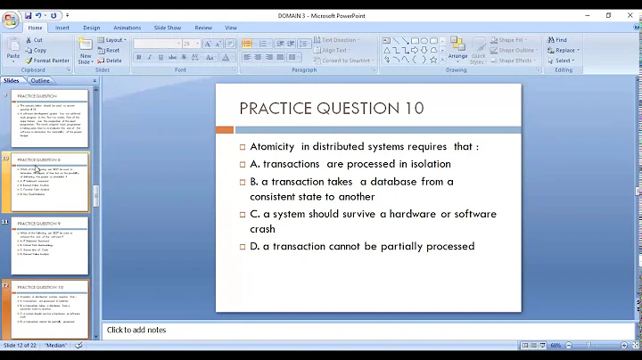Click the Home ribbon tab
(36, 28)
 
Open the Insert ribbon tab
(62, 28)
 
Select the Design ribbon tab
(92, 28)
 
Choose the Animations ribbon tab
(128, 28)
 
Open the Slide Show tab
(169, 28)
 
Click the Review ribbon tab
(203, 28)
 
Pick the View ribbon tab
(231, 28)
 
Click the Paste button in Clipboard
(14, 50)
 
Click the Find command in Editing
(561, 40)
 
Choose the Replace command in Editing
(565, 50)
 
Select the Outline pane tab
(41, 80)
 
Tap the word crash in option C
(263, 229)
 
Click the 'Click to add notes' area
(136, 330)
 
